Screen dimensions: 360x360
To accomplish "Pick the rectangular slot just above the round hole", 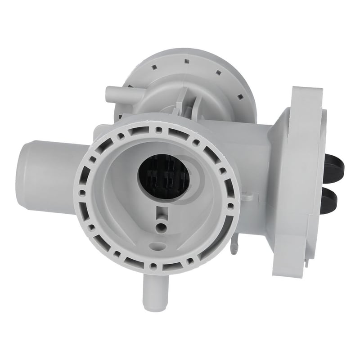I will (158, 211).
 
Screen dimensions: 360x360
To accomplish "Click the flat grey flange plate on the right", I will (299, 180).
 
